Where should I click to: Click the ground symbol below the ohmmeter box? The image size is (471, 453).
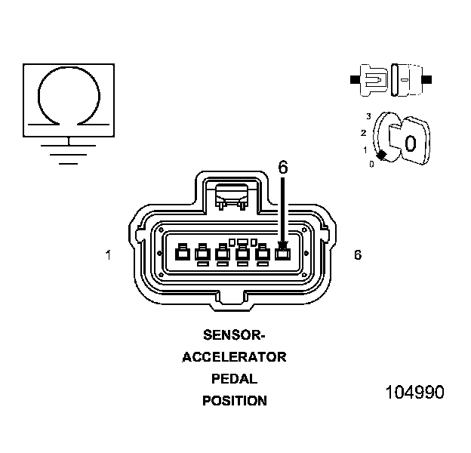point(69,150)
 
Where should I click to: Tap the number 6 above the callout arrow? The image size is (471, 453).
point(283,168)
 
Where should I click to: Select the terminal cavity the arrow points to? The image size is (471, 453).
point(282,254)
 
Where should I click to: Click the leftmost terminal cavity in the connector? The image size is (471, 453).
point(181,254)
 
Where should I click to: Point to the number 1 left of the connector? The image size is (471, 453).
point(108,255)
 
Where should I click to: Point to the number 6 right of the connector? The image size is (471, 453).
point(357,255)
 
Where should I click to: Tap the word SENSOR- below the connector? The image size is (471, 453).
point(235,334)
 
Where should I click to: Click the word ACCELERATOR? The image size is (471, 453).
point(234,356)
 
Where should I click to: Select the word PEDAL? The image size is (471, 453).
point(235,378)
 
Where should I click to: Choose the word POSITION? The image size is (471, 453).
point(235,401)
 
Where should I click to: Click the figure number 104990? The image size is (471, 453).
point(414,393)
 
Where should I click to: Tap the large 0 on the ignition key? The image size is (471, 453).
point(411,143)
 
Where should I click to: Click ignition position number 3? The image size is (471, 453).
point(368,116)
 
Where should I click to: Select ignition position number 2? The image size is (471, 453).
point(364,133)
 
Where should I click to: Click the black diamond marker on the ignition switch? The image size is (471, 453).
point(382,156)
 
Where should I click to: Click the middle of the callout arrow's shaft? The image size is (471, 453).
point(283,208)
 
